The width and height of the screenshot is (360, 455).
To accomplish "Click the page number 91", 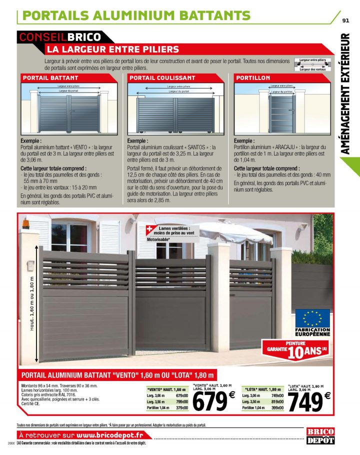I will pos(345,21).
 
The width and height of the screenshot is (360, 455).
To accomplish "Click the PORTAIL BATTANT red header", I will pos(50,78).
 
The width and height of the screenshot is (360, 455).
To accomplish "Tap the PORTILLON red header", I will pos(253,78).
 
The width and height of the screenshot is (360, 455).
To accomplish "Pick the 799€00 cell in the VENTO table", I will pos(181,401).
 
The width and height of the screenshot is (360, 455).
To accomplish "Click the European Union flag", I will pos(312,317).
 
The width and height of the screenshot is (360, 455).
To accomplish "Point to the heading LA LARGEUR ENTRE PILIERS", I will pos(112,49).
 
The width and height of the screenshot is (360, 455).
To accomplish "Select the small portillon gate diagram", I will pos(282,111).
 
